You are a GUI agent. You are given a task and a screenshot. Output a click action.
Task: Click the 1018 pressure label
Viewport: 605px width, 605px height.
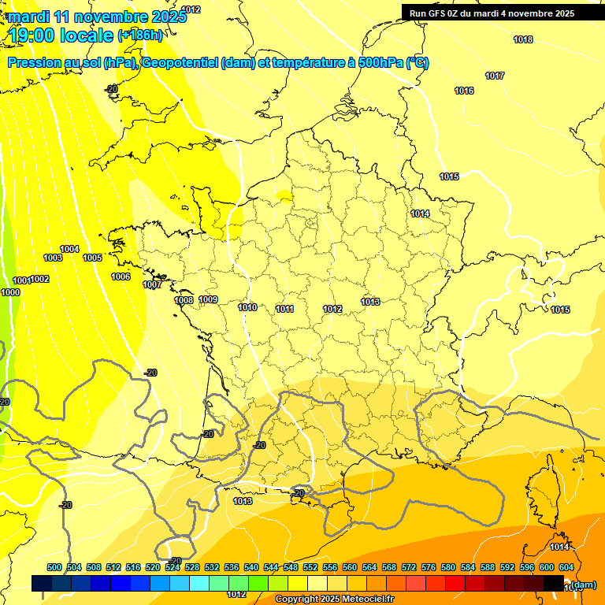pyautogui.click(x=523, y=39)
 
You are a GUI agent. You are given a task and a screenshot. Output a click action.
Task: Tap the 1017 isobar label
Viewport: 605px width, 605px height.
pyautogui.click(x=495, y=76)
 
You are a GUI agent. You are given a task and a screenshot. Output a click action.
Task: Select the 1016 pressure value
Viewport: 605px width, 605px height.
pyautogui.click(x=464, y=91)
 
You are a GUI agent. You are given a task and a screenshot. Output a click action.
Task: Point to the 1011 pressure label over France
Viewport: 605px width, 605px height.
pyautogui.click(x=285, y=309)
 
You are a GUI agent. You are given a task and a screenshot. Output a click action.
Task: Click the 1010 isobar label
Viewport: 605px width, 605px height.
pyautogui.click(x=247, y=307)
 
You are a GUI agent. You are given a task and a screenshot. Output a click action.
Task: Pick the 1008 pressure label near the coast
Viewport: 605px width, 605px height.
pyautogui.click(x=184, y=300)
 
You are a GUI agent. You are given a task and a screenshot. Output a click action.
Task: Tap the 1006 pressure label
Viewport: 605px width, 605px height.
pyautogui.click(x=121, y=277)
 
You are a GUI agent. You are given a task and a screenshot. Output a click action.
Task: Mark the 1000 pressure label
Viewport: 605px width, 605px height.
pyautogui.click(x=10, y=292)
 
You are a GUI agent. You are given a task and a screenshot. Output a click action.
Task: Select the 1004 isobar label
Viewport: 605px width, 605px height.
pyautogui.click(x=69, y=249)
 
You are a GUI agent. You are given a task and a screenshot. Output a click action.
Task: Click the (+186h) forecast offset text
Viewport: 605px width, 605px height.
pyautogui.click(x=140, y=35)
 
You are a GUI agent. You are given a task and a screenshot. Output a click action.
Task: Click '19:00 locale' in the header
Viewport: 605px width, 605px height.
pyautogui.click(x=60, y=35)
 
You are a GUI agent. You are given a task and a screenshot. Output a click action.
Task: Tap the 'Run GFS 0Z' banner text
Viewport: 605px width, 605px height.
pyautogui.click(x=436, y=13)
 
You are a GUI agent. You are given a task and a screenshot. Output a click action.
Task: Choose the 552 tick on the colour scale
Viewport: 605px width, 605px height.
pyautogui.click(x=310, y=567)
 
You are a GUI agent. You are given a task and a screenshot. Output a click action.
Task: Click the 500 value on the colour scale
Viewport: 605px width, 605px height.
pyautogui.click(x=54, y=567)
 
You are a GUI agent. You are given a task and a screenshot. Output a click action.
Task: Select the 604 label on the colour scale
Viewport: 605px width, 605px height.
pyautogui.click(x=566, y=567)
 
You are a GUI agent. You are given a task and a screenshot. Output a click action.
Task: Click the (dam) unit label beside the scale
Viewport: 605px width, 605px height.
pyautogui.click(x=583, y=584)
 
